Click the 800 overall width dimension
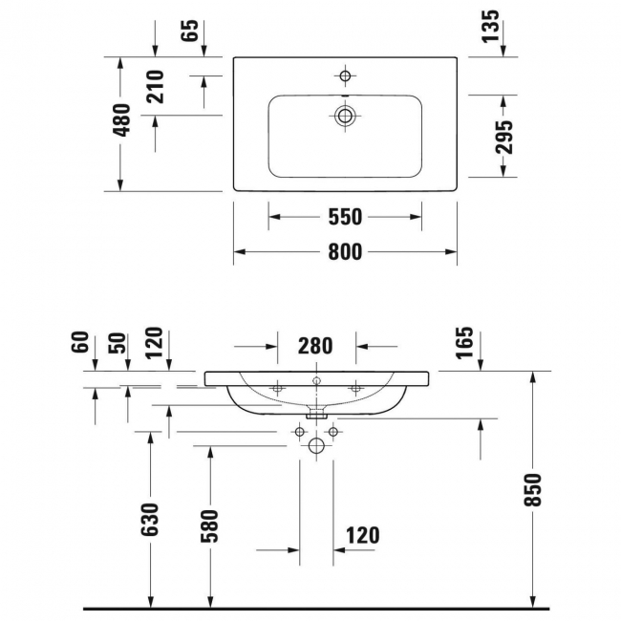pyautogui.click(x=345, y=252)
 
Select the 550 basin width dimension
pyautogui.click(x=345, y=217)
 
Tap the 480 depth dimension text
pyautogui.click(x=121, y=120)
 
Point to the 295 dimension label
pyautogui.click(x=503, y=137)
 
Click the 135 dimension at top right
pyautogui.click(x=490, y=26)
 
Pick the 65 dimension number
pyautogui.click(x=189, y=31)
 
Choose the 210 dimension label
pyautogui.click(x=155, y=87)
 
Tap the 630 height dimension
pyautogui.click(x=150, y=520)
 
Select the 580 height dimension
pyautogui.click(x=210, y=526)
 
